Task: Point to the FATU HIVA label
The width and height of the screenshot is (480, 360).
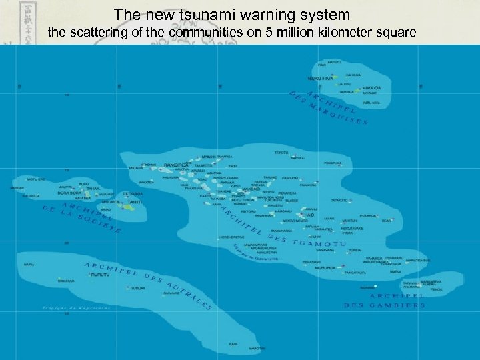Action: pyautogui.click(x=371, y=103)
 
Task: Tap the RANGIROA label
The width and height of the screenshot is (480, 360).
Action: pyautogui.click(x=175, y=164)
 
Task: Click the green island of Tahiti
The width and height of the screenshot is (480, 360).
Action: pyautogui.click(x=129, y=207)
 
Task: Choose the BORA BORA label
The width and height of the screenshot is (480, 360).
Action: pyautogui.click(x=70, y=193)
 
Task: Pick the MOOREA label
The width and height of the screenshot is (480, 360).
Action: pyautogui.click(x=111, y=201)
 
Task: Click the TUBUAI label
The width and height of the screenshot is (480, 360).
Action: pyautogui.click(x=137, y=288)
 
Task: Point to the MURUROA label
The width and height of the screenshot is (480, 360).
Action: pyautogui.click(x=327, y=267)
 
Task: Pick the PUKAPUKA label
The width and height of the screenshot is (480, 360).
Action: pyautogui.click(x=333, y=163)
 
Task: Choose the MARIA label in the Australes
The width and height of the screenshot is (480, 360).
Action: pyautogui.click(x=29, y=265)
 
